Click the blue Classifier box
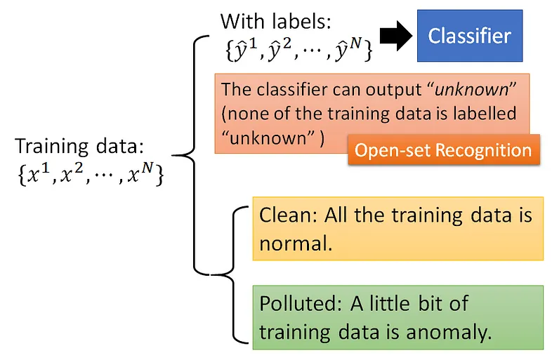click(x=470, y=35)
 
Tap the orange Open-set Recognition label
click(x=443, y=150)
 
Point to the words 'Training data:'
click(x=79, y=147)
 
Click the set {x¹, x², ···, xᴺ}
click(x=88, y=173)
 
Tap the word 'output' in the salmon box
click(x=387, y=91)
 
